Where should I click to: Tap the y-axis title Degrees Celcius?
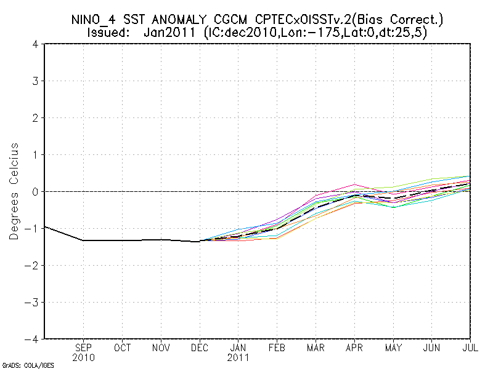[14, 191]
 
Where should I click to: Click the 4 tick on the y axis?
[36, 44]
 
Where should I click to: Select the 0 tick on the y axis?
[36, 191]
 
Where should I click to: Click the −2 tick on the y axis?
[33, 265]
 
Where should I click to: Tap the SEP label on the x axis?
[84, 348]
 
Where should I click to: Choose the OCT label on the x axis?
[123, 348]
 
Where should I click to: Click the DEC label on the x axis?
[200, 348]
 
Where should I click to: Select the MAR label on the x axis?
[316, 348]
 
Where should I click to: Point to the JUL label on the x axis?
[471, 348]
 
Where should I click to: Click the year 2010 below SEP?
[84, 357]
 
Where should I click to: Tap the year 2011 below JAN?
[238, 357]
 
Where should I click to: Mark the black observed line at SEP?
[84, 240]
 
